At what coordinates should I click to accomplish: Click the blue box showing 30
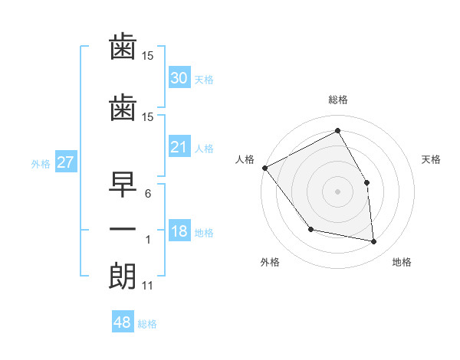[179, 77]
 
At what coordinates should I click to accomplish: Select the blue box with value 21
[179, 146]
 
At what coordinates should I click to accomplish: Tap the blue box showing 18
[179, 230]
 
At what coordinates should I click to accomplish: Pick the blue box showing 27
[66, 162]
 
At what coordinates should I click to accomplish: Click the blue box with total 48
[123, 321]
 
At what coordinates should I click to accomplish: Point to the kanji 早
[123, 185]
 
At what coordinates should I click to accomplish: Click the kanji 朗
[123, 277]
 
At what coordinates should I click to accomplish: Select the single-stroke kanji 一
[123, 229]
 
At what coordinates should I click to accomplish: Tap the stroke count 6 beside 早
[148, 194]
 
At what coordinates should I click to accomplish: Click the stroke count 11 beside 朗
[147, 286]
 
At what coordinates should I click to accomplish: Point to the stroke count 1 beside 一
[148, 240]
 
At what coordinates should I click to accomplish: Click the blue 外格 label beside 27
[41, 164]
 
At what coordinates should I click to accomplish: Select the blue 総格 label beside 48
[147, 324]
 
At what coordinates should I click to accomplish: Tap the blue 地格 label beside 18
[204, 233]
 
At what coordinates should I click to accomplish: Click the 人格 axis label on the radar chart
[245, 159]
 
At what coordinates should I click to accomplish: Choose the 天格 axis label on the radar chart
[431, 159]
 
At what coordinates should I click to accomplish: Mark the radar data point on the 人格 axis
[265, 168]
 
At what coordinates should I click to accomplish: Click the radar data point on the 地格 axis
[373, 241]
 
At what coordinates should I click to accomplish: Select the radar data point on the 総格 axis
[337, 130]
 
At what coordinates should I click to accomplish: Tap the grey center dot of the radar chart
[337, 191]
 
